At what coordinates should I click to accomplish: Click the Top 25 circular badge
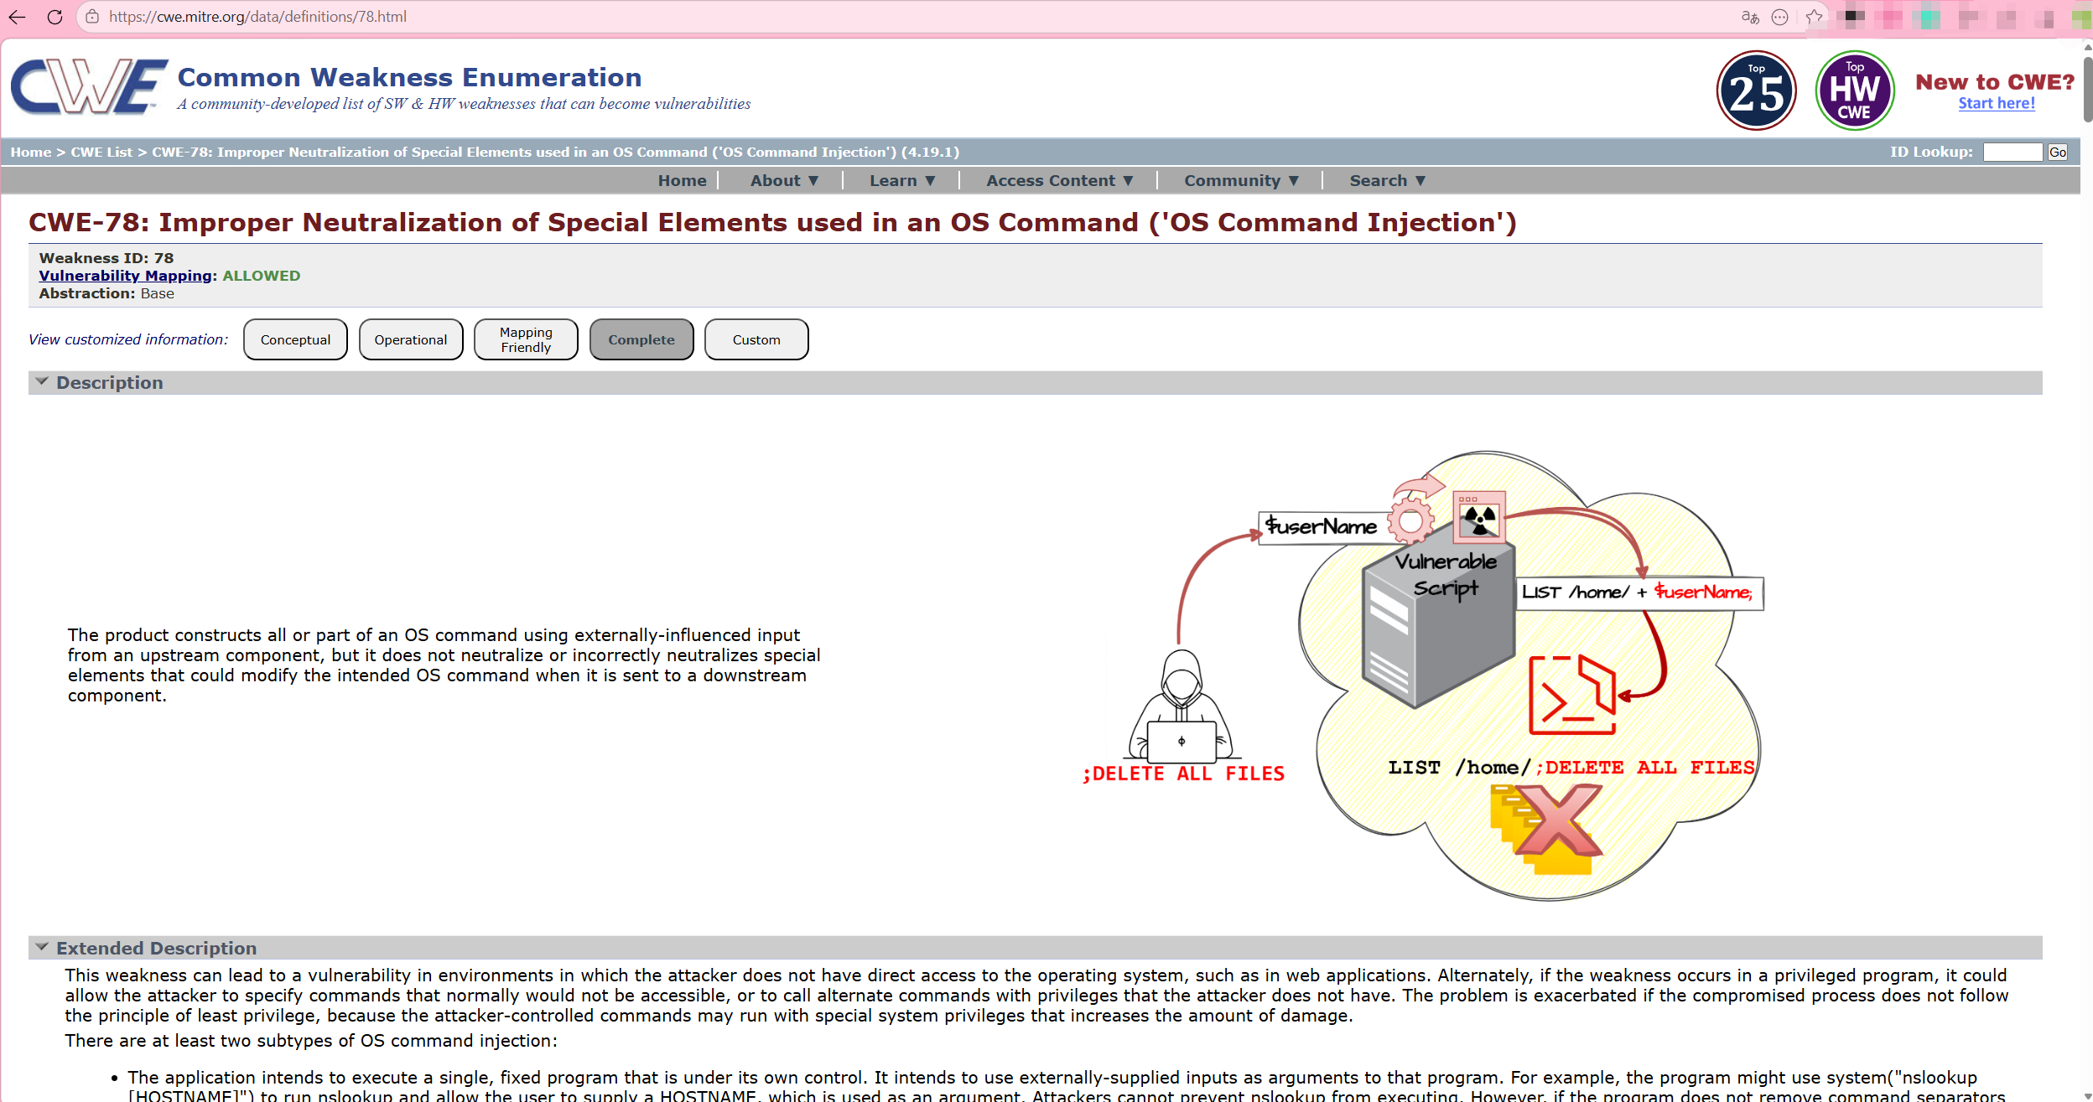(1756, 91)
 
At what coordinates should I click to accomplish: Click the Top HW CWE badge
(1854, 91)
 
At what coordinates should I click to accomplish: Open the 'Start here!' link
(1996, 103)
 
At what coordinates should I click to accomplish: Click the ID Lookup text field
(2012, 152)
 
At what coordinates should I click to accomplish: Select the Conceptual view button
(295, 339)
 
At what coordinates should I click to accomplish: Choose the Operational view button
(411, 339)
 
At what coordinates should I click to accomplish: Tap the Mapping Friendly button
(526, 339)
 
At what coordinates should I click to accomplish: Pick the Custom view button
(756, 339)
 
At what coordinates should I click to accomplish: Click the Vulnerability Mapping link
(126, 276)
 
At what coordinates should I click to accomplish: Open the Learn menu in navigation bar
(901, 180)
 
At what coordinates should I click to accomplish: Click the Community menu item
(1240, 180)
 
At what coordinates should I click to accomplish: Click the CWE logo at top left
(89, 86)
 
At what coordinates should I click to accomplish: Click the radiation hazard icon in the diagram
(1479, 518)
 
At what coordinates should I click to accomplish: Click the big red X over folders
(1557, 821)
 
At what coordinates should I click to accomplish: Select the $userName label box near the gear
(1322, 526)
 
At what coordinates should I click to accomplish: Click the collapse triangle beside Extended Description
(41, 947)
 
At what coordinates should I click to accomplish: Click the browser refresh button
(55, 17)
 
